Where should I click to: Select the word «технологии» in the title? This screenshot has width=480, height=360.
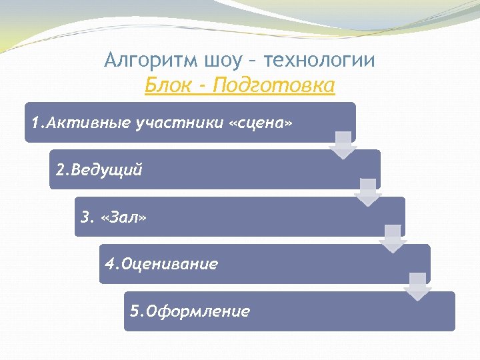319,61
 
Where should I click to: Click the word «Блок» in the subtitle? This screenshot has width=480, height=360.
165,86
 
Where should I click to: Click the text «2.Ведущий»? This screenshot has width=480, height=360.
99,170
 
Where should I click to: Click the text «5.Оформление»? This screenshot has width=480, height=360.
190,311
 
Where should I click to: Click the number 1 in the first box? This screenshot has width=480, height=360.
35,123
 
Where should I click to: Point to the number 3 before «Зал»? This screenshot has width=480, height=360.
84,217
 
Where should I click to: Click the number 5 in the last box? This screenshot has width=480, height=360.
134,311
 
